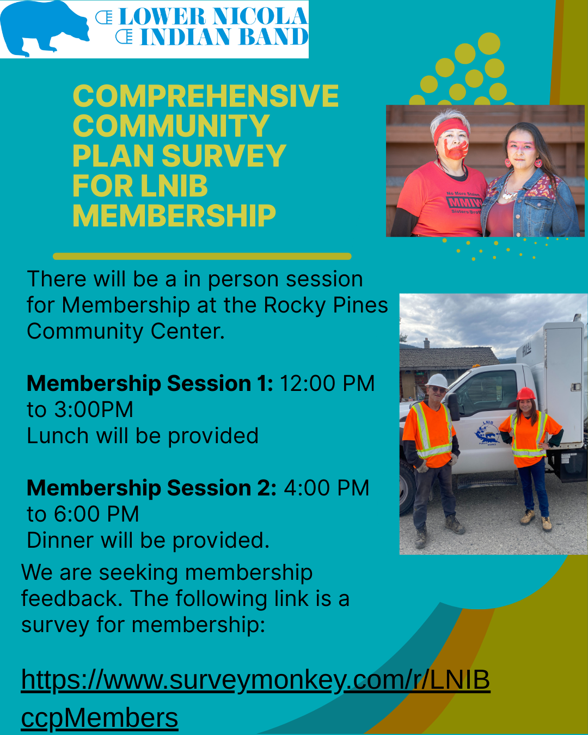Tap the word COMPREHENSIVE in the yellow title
coord(206,96)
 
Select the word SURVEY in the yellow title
coord(224,156)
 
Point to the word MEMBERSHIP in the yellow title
coord(174,216)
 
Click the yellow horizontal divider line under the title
coord(203,256)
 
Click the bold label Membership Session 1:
coord(150,383)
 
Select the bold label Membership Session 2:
coord(151,488)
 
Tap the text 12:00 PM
coord(327,383)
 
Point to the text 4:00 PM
coord(327,488)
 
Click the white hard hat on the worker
coord(438,381)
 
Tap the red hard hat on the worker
coord(525,394)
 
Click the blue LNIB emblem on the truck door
coord(487,433)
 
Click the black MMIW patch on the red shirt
coord(464,203)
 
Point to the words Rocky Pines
coord(326,305)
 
